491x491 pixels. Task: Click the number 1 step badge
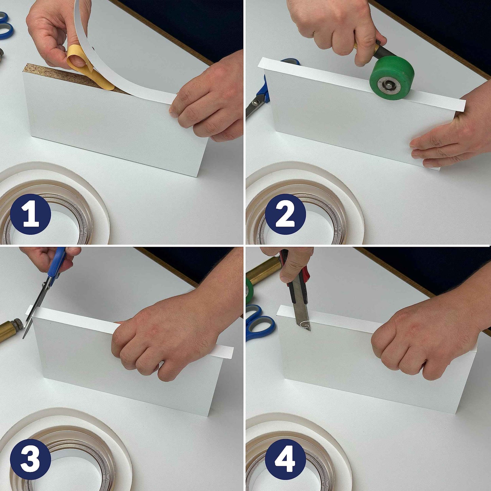[30, 214]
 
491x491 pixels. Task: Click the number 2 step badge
[285, 214]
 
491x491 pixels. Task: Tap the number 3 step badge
[30, 459]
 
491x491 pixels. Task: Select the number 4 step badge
[285, 459]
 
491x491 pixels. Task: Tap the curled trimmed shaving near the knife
[306, 325]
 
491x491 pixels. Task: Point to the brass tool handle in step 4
[263, 270]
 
